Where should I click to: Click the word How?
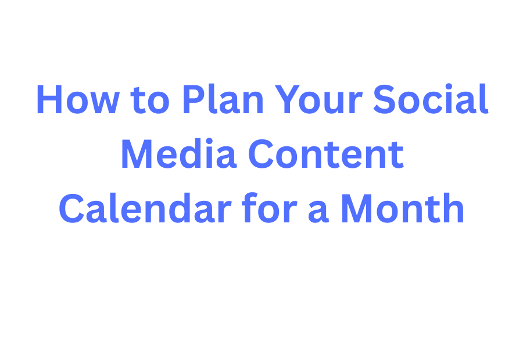pos(77,100)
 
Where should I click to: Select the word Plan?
pos(223,100)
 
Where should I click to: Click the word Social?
pos(431,100)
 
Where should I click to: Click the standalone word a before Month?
pos(318,213)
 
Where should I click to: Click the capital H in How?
pos(49,100)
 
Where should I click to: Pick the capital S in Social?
pos(385,100)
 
